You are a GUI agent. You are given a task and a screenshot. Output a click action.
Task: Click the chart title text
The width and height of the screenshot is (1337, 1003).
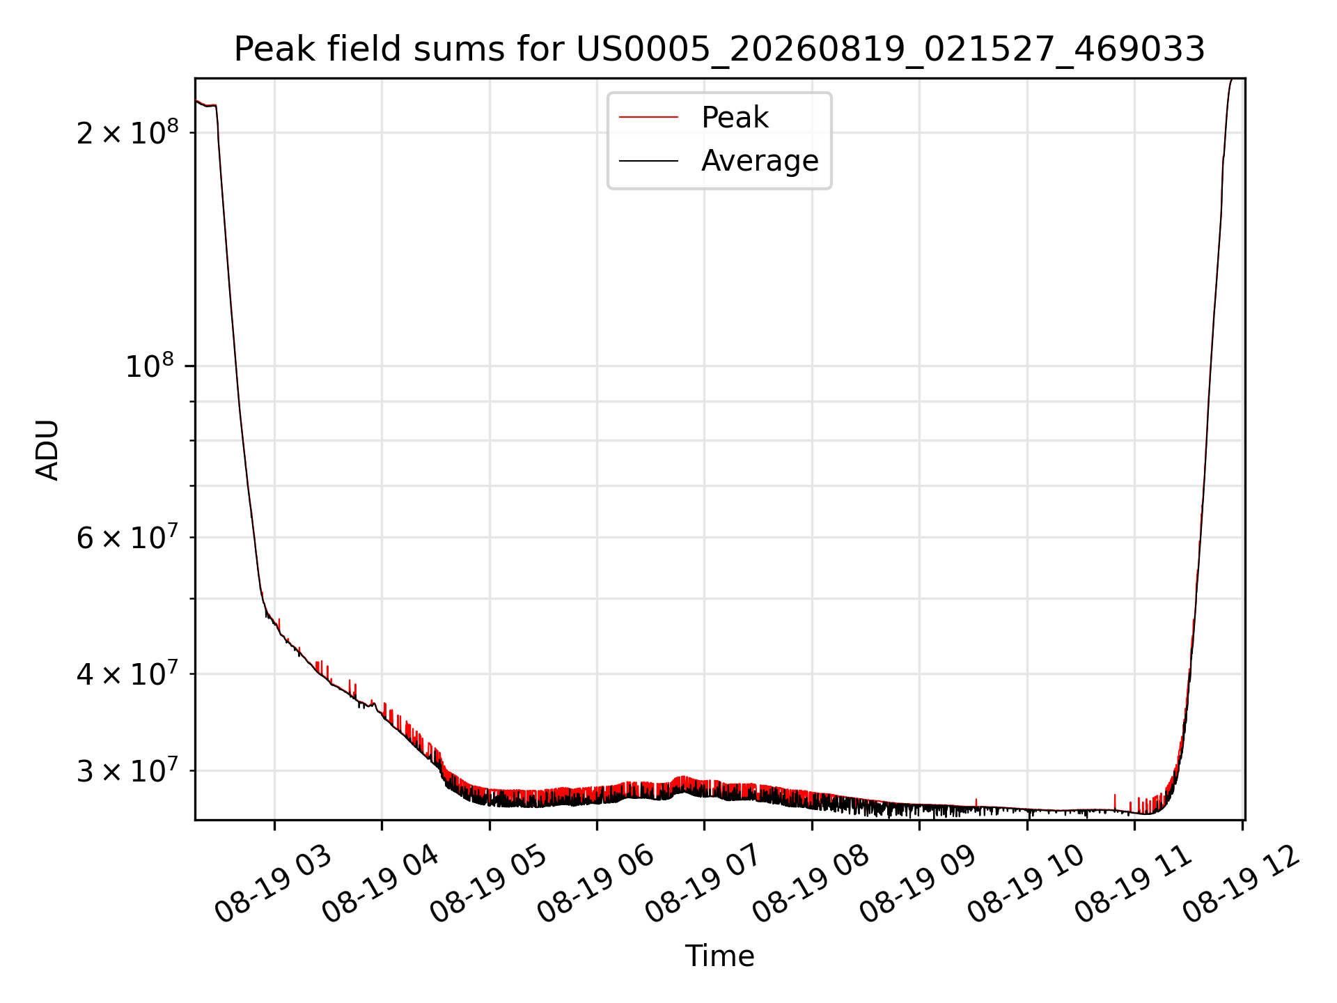[x=719, y=49]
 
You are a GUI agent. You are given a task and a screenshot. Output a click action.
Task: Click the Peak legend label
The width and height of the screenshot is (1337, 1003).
[x=735, y=118]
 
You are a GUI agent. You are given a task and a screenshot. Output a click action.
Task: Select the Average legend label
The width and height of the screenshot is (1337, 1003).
[x=760, y=161]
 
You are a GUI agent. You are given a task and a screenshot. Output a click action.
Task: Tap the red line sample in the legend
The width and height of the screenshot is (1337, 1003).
[x=648, y=118]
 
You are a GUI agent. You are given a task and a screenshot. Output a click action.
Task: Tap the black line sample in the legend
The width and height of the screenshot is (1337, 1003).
[x=648, y=161]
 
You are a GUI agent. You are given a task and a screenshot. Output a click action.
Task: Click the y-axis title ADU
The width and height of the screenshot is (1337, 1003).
[x=47, y=450]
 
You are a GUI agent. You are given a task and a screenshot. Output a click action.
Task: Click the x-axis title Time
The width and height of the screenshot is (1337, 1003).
[x=719, y=956]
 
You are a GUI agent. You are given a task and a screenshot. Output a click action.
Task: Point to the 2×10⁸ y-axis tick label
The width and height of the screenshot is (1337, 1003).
[x=127, y=132]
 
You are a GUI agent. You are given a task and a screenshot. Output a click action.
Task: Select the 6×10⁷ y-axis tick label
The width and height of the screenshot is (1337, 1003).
[x=127, y=537]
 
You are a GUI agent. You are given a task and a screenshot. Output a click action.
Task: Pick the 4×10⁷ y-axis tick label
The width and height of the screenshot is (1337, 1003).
[x=127, y=674]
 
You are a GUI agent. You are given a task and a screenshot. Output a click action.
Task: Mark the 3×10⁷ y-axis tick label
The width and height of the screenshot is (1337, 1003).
[x=127, y=770]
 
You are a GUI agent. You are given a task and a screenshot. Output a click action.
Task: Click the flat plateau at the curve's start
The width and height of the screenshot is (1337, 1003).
[x=207, y=104]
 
